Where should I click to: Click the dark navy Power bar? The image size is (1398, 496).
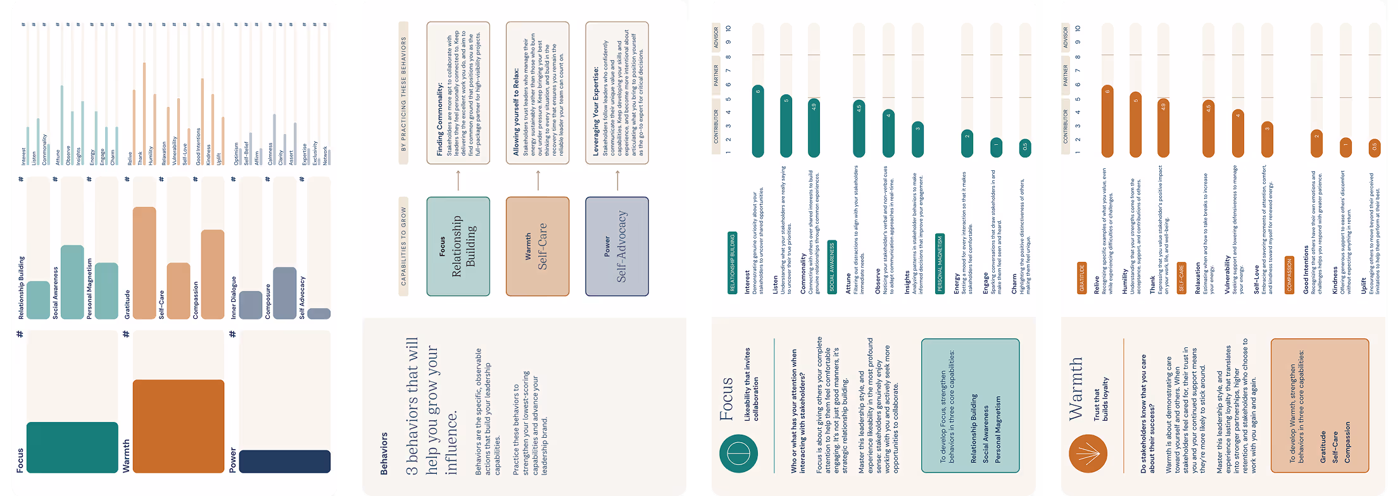pos(284,461)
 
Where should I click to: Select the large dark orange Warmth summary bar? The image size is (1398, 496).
pos(178,426)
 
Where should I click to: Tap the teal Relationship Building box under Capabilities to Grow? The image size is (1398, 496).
pos(458,247)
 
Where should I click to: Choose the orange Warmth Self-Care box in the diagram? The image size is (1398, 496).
pos(537,247)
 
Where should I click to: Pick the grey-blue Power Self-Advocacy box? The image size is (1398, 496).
pos(617,247)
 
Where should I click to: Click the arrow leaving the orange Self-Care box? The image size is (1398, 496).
pos(538,180)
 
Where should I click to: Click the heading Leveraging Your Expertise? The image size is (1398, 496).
pos(596,111)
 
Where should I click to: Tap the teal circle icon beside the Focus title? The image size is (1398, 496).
pos(738,454)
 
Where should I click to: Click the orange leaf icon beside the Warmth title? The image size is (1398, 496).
pos(1087,454)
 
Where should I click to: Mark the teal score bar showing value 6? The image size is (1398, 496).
pos(758,121)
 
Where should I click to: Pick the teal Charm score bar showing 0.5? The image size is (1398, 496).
pos(1024,149)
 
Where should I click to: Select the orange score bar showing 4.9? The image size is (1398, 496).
pos(1163,128)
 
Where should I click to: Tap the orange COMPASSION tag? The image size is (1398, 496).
pos(1289,275)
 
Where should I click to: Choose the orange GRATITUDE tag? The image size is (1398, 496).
pos(1081,278)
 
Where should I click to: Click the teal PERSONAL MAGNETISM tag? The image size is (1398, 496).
pos(940,264)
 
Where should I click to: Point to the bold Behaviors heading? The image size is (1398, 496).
pos(384,453)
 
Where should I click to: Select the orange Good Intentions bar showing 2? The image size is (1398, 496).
pos(1316,144)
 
